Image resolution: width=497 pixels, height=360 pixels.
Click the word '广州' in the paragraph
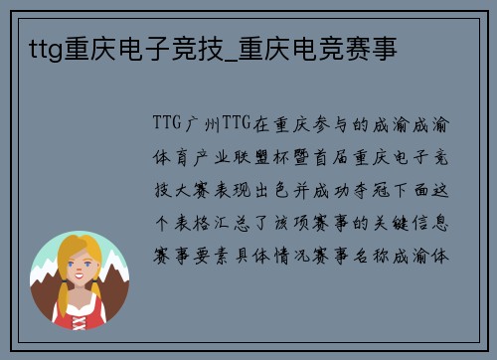tap(201, 124)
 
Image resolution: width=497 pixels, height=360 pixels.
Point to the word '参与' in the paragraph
tap(328, 124)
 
